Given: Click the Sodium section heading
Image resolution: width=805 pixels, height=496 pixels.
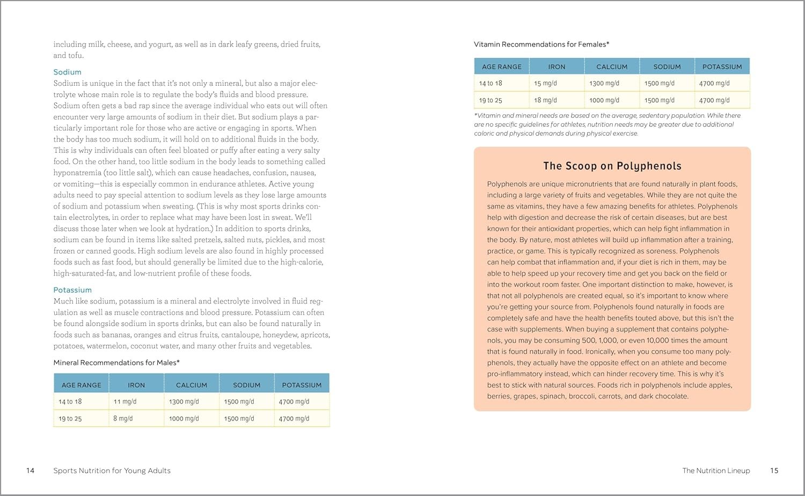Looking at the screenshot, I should [x=67, y=72].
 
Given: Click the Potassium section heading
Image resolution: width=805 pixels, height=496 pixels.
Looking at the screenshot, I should [x=72, y=290].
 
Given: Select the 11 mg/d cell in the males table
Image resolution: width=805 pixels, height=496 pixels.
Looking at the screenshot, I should [x=125, y=402].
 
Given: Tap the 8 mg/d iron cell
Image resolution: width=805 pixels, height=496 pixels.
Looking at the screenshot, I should [x=123, y=419].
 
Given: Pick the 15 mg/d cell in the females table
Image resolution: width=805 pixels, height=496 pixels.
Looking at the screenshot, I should [x=545, y=83].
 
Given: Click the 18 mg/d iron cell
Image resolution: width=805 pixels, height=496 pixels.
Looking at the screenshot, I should [x=545, y=100].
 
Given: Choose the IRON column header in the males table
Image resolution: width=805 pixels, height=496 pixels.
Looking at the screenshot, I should [x=136, y=385].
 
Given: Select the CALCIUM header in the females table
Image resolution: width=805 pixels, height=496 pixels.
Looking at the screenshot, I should [x=612, y=66].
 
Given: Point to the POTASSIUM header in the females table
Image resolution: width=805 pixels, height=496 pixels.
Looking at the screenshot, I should [x=722, y=66].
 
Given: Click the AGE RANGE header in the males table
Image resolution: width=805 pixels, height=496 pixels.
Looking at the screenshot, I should [x=82, y=385].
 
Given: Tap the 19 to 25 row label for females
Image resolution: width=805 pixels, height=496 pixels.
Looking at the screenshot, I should [x=491, y=100].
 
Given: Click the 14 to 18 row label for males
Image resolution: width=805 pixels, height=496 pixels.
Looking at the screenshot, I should [x=70, y=402].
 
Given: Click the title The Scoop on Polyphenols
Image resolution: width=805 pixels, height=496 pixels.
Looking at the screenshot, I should [x=612, y=166].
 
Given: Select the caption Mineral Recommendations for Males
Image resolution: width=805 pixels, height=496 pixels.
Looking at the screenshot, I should [x=116, y=362].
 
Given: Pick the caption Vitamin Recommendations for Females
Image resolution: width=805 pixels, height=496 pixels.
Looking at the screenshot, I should [x=541, y=45].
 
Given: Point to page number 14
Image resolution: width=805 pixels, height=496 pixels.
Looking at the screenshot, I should [x=31, y=470].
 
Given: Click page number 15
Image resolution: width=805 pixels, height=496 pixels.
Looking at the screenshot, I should [x=774, y=470].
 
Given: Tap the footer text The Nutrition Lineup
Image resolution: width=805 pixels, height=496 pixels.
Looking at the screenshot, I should [x=716, y=470].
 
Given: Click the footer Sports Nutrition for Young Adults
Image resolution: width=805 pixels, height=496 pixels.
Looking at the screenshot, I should [x=112, y=470].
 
